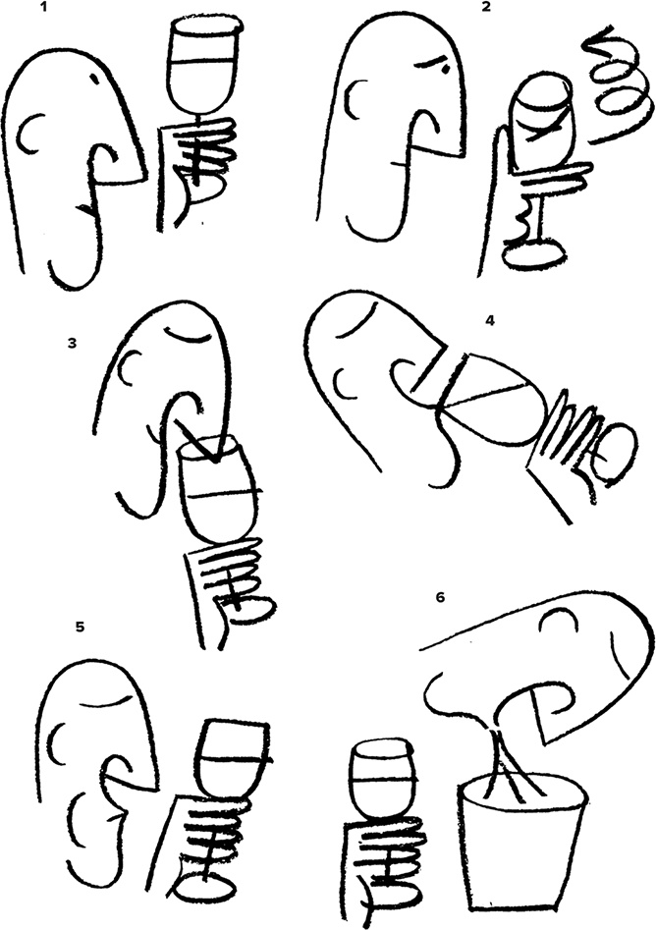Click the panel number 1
click(x=42, y=8)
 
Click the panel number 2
click(x=486, y=8)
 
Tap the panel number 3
click(x=72, y=343)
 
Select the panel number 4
click(x=489, y=321)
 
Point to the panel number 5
click(x=81, y=627)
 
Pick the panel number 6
click(x=440, y=597)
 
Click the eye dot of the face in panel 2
click(x=445, y=70)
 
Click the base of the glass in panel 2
click(x=533, y=253)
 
